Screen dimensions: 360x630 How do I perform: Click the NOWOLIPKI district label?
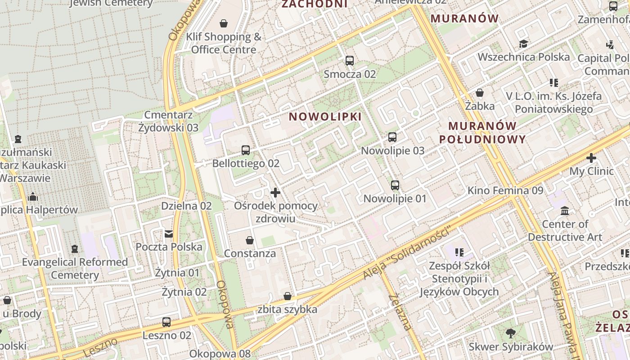point(325,117)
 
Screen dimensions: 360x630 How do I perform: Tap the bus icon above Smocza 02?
point(350,61)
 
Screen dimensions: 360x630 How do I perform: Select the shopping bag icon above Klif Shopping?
point(224,23)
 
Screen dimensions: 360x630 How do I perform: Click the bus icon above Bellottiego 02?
point(246,150)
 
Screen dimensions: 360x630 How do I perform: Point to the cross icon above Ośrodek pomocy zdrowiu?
point(275,193)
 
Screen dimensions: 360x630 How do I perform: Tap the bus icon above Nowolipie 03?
point(392,137)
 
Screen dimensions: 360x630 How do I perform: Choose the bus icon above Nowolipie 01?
point(395,185)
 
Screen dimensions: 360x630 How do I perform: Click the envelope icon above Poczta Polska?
point(169,234)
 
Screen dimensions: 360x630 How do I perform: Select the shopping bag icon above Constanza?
point(250,240)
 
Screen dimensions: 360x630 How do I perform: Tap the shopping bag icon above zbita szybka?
point(288,296)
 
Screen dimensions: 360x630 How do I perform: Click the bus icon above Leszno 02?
point(166,322)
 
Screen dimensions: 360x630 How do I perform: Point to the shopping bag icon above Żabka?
point(480,93)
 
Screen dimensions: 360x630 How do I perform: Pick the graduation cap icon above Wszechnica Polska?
point(523,44)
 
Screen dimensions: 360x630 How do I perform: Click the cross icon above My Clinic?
point(591,158)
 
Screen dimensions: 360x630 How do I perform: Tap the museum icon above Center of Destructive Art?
point(565,211)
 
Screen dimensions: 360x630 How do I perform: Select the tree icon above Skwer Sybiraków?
point(510,333)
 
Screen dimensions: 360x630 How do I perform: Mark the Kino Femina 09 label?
point(505,190)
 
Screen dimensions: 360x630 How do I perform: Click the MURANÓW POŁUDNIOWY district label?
point(482,132)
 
